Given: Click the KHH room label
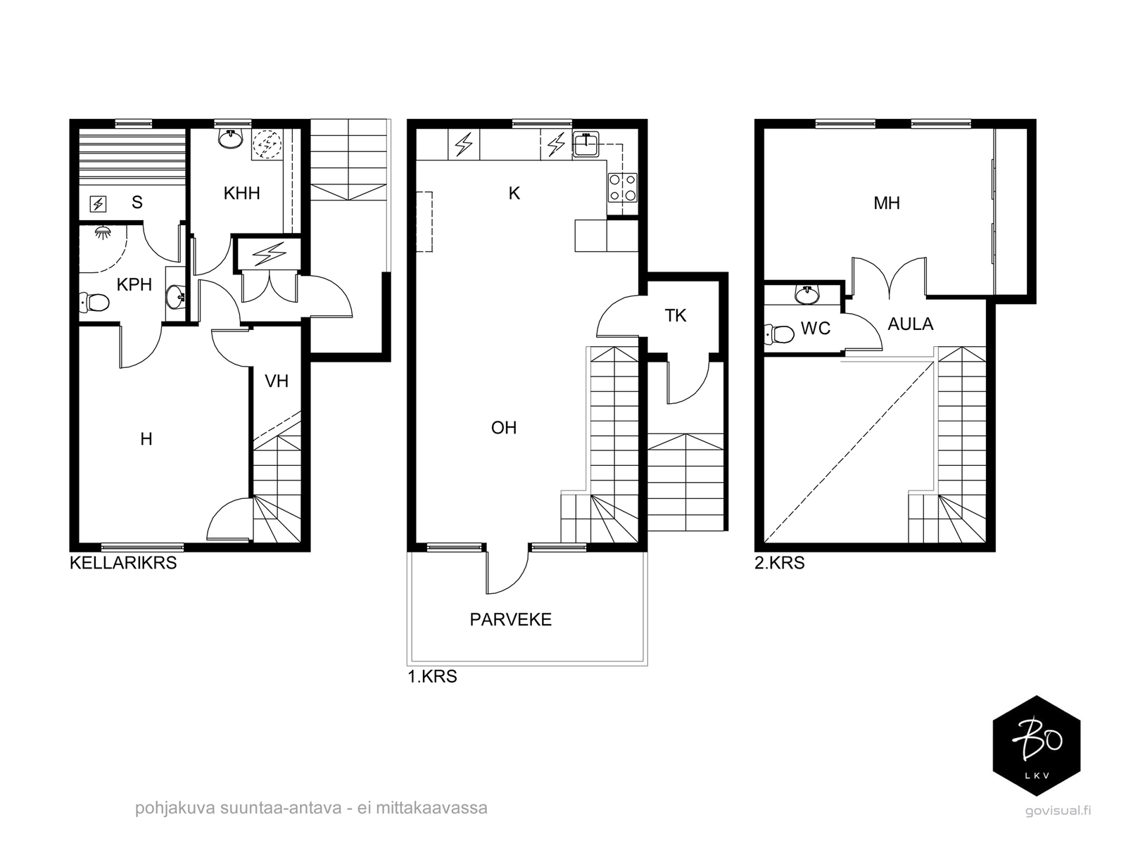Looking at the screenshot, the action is [241, 194].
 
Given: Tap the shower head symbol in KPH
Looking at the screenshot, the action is [103, 232].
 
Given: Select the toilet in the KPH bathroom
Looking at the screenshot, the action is [94, 302].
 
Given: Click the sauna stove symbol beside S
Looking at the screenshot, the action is [98, 204].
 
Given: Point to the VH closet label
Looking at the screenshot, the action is [277, 381].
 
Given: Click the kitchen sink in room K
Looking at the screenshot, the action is [586, 144].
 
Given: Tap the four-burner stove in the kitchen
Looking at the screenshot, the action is [623, 187].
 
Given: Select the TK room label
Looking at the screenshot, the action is [675, 316].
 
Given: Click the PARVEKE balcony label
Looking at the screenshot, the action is [510, 619].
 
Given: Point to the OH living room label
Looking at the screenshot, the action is [504, 428].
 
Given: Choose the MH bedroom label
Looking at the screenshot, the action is [887, 203].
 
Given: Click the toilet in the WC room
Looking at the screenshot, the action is [779, 334].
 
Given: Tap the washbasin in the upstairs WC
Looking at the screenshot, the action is [807, 296].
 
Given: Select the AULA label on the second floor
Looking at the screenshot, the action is [911, 324].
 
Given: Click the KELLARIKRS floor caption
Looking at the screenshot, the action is [123, 563].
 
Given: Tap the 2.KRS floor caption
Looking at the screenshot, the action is [779, 563].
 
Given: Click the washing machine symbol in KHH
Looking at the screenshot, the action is [267, 144].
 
